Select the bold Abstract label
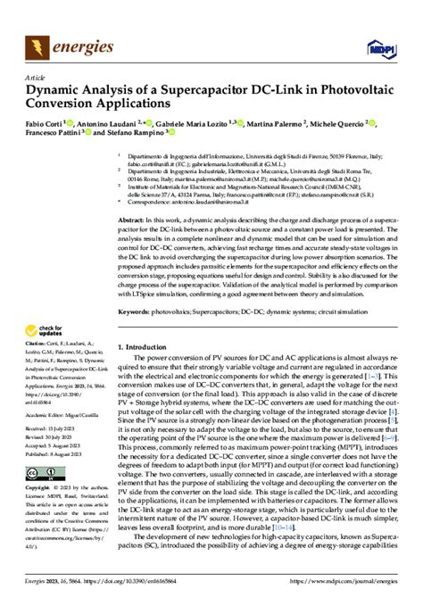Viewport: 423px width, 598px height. click(x=131, y=219)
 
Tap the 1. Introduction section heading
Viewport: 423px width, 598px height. click(x=146, y=344)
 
